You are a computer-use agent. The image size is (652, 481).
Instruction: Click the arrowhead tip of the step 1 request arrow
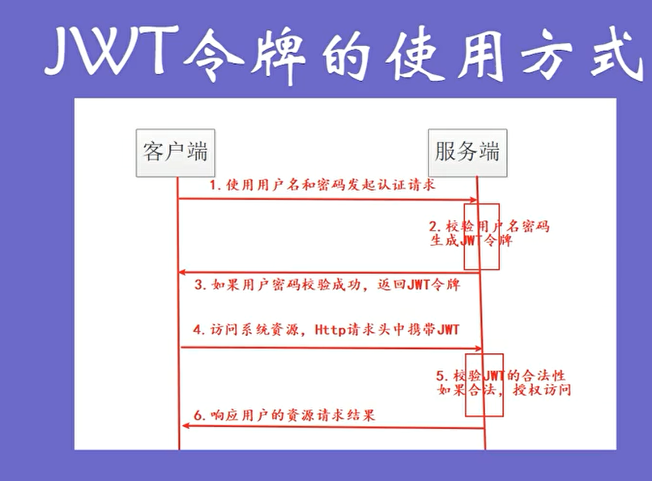[477, 200]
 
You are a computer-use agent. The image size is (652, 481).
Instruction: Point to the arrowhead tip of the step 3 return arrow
[178, 272]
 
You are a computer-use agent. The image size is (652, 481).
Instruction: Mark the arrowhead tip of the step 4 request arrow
[482, 348]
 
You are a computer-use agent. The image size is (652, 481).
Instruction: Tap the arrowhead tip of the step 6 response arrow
[182, 426]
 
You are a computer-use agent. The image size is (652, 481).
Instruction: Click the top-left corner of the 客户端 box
[136, 130]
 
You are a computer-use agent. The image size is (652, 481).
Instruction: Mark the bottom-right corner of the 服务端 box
[507, 177]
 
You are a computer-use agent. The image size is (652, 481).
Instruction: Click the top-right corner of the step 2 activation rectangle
[499, 204]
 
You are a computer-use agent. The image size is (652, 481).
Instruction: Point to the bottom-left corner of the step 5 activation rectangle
[465, 416]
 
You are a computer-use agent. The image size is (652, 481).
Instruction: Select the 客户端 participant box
[176, 153]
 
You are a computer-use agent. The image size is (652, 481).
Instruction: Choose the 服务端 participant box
[468, 153]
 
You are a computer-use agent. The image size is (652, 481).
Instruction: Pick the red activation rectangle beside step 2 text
[482, 236]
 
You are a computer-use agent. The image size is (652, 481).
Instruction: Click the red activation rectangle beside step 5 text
[484, 385]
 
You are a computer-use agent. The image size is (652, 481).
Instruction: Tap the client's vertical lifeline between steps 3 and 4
[179, 310]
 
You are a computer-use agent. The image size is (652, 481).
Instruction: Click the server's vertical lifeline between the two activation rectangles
[480, 312]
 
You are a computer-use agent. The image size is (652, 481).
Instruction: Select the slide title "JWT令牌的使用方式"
[343, 52]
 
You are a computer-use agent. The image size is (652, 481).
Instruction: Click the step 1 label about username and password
[322, 185]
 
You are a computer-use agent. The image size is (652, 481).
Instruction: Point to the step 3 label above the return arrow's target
[327, 284]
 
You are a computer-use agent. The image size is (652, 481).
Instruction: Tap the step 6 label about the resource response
[284, 415]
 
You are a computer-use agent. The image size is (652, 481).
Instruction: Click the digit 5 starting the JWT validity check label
[441, 377]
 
